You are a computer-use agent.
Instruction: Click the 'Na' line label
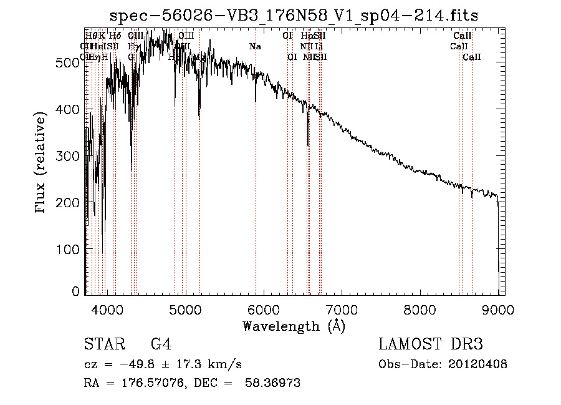255,46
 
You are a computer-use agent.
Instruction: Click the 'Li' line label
318,46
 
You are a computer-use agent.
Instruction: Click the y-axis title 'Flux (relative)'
42,163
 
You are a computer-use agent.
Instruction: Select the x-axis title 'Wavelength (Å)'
294,326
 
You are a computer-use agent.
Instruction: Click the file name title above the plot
294,16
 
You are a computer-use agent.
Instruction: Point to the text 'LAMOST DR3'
431,344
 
